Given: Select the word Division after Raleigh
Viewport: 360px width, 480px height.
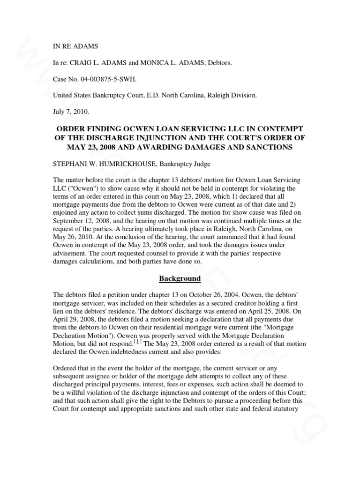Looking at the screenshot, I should (242, 95).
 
